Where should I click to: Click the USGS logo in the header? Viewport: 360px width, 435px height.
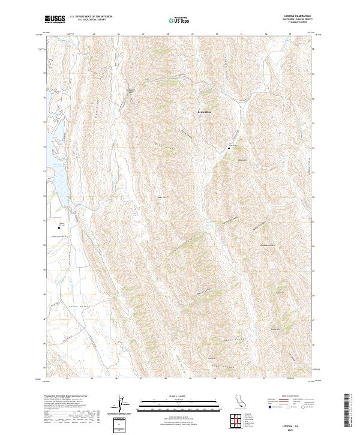(x=55, y=19)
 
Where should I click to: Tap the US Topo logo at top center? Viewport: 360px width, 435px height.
(x=181, y=20)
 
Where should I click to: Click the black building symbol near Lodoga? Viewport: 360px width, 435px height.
(x=59, y=227)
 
